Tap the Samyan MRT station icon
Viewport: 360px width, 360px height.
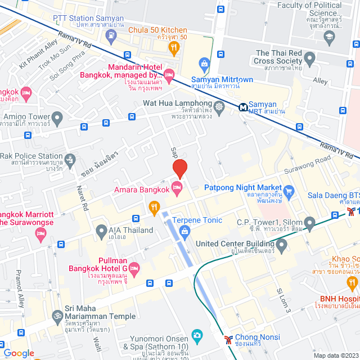point(244,106)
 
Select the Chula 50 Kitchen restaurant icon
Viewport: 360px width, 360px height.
point(174,48)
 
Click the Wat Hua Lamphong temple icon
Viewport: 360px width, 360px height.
point(219,105)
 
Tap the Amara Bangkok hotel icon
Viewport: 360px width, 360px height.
point(177,191)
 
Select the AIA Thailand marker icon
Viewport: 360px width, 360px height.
point(101,230)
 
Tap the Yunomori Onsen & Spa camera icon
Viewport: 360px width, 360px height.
point(197,336)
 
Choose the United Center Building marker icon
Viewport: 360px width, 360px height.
point(281,244)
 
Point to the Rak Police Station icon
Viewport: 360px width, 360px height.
point(70,159)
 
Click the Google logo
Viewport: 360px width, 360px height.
point(19,353)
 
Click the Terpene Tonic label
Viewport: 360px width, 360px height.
point(197,220)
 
